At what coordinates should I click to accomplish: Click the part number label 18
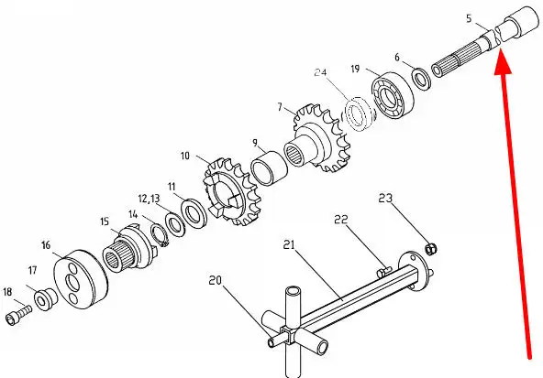coord(7,292)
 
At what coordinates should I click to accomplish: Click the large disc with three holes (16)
coord(81,278)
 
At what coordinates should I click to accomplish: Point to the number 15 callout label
coord(105,221)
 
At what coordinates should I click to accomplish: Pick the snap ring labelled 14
coord(160,235)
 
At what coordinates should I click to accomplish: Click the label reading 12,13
coord(150,199)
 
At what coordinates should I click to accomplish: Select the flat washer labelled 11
coord(194,213)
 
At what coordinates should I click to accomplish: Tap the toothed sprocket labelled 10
coord(231,191)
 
